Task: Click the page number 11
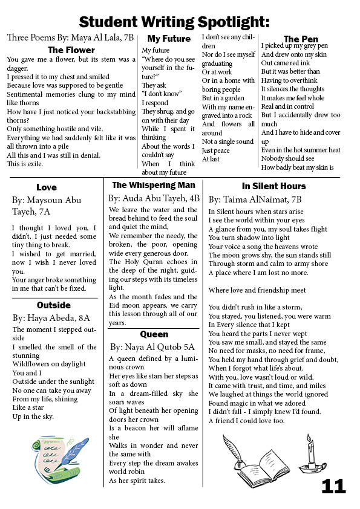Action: click(x=333, y=486)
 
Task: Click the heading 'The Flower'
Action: click(x=71, y=50)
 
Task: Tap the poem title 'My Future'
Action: click(x=169, y=39)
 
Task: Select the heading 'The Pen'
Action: click(x=301, y=39)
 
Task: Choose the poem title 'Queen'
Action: click(x=154, y=334)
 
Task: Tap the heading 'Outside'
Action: click(x=54, y=305)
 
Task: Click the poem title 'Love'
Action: click(x=47, y=187)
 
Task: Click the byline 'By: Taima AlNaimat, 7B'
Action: click(x=255, y=199)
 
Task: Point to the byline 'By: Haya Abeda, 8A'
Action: click(x=51, y=317)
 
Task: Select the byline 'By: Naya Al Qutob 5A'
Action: click(x=152, y=347)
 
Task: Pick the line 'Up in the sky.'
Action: click(x=33, y=417)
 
